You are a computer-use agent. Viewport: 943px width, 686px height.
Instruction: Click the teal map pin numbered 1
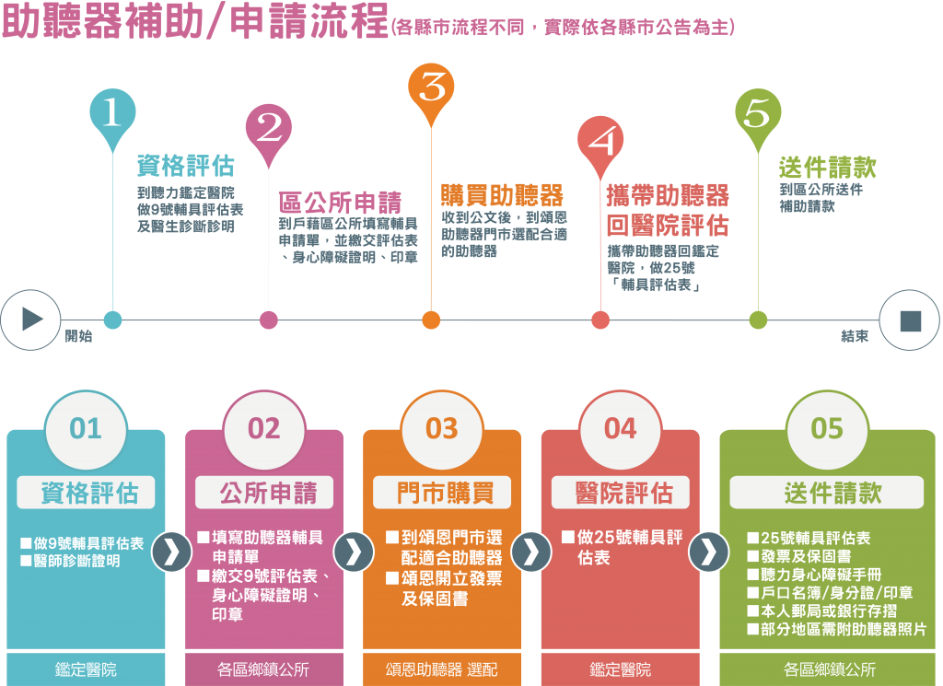pyautogui.click(x=112, y=113)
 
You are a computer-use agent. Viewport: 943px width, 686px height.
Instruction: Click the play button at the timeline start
pyautogui.click(x=30, y=320)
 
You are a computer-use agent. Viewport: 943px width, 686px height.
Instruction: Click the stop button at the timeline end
pyautogui.click(x=910, y=320)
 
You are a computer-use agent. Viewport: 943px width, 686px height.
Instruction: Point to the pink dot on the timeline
pyautogui.click(x=269, y=320)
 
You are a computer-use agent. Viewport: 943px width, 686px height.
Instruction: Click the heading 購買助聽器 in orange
pyautogui.click(x=501, y=194)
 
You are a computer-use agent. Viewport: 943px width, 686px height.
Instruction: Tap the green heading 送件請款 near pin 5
pyautogui.click(x=827, y=167)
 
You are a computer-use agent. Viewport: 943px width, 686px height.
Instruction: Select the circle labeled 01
pyautogui.click(x=86, y=429)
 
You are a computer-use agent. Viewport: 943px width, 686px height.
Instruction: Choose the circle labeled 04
pyautogui.click(x=620, y=429)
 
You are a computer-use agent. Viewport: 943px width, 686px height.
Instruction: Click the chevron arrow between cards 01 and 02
pyautogui.click(x=174, y=552)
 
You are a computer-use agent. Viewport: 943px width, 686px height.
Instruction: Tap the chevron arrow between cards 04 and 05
pyautogui.click(x=708, y=552)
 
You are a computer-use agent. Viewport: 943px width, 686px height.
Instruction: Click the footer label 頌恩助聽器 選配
pyautogui.click(x=441, y=669)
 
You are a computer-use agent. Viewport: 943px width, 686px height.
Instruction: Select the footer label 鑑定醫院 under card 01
pyautogui.click(x=86, y=669)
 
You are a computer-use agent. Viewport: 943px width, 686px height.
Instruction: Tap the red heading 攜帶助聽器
pyautogui.click(x=668, y=195)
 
